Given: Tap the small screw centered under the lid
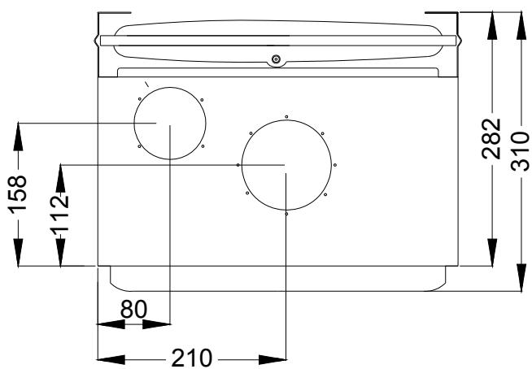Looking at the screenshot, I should pos(276,59).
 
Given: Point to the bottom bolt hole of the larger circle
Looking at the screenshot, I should pos(286,214).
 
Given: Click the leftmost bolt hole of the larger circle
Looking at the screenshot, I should pos(238,165).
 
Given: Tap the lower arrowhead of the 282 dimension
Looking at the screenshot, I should pos(491,258).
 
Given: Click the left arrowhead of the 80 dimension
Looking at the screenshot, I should pos(103,323).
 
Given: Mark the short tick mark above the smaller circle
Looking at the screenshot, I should pos(146,84).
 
